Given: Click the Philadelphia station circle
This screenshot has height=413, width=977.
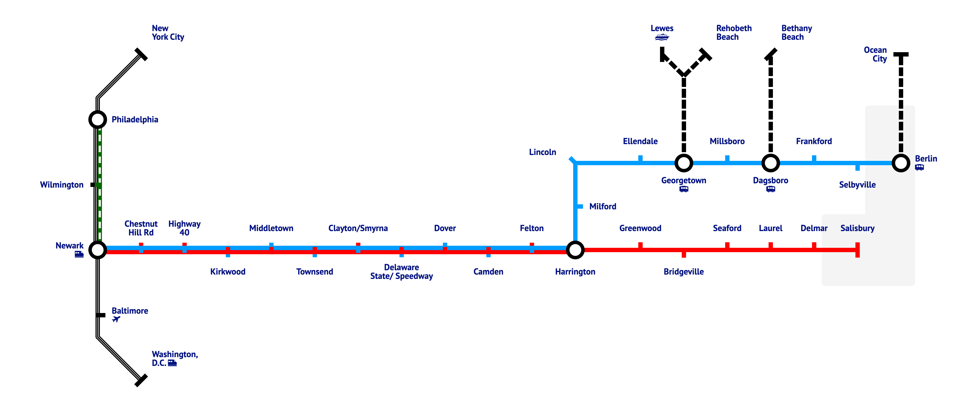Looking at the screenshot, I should (97, 120).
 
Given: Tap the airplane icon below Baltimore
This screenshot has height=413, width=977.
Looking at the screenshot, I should (116, 319).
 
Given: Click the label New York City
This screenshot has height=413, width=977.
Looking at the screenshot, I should (168, 33).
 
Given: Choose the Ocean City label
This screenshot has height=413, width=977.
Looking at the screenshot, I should (876, 54).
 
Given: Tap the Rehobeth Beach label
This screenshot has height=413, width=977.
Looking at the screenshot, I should (733, 33).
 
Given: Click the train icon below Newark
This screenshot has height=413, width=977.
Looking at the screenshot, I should (79, 254).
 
